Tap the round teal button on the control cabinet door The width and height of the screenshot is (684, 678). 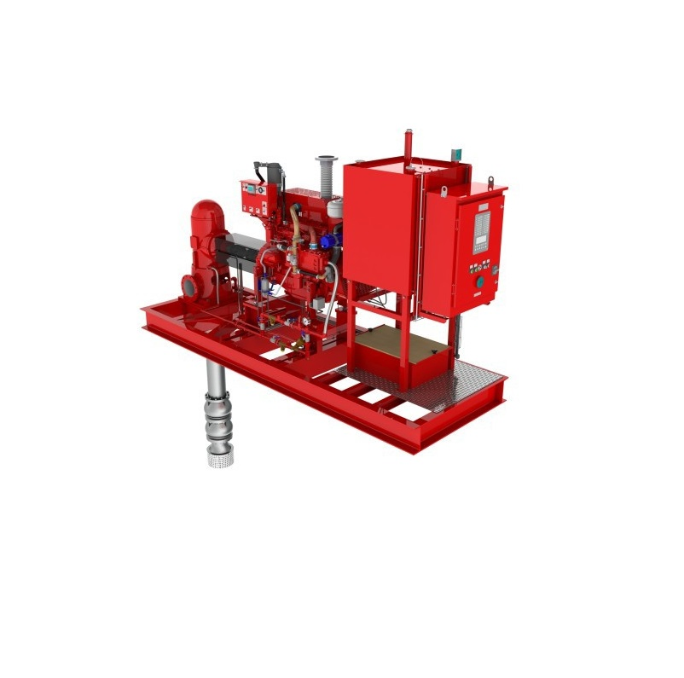point(479,281)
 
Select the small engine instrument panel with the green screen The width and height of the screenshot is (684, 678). point(254,196)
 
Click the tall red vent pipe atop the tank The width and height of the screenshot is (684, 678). point(408,144)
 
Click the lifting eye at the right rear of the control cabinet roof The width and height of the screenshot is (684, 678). point(490,182)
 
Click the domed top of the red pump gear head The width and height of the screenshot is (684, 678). point(206,206)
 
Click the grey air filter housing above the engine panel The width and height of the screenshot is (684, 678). point(270,171)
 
